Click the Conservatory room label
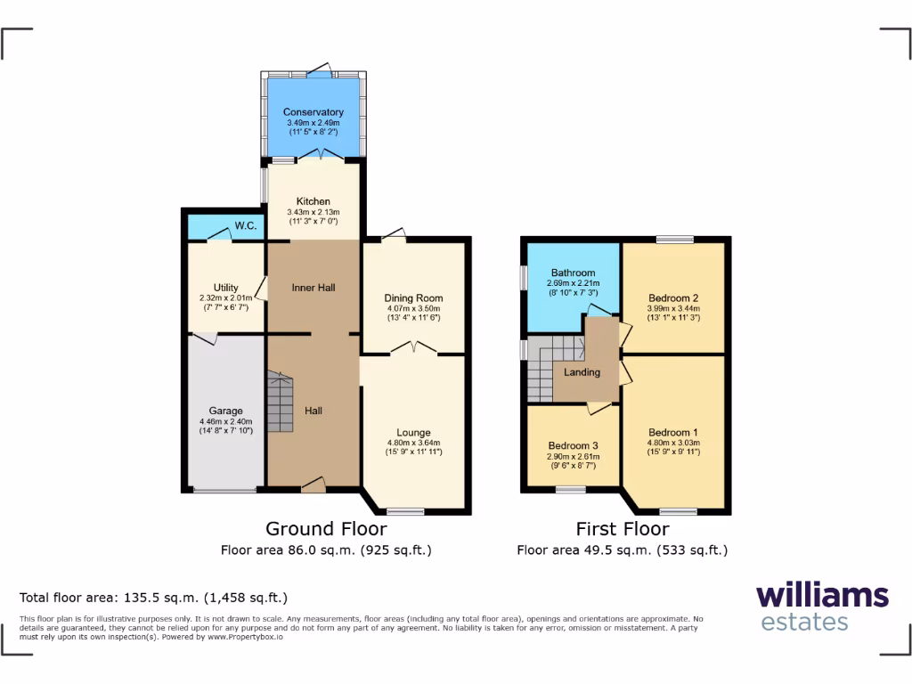pyautogui.click(x=313, y=112)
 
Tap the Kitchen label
pyautogui.click(x=313, y=202)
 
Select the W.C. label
pyautogui.click(x=247, y=227)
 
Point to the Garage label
pyautogui.click(x=225, y=411)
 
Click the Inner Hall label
pyautogui.click(x=313, y=288)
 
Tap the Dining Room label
pyautogui.click(x=413, y=298)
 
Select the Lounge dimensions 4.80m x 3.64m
pyautogui.click(x=413, y=443)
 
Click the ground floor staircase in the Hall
pyautogui.click(x=280, y=403)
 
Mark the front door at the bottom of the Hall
pyautogui.click(x=313, y=485)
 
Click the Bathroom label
pyautogui.click(x=572, y=273)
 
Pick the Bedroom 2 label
pyautogui.click(x=672, y=297)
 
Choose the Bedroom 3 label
pyautogui.click(x=573, y=445)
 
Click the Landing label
pyautogui.click(x=582, y=372)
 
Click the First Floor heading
pyautogui.click(x=622, y=529)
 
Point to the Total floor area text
pyautogui.click(x=153, y=598)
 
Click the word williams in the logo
pyautogui.click(x=822, y=595)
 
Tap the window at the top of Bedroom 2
pyautogui.click(x=674, y=239)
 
